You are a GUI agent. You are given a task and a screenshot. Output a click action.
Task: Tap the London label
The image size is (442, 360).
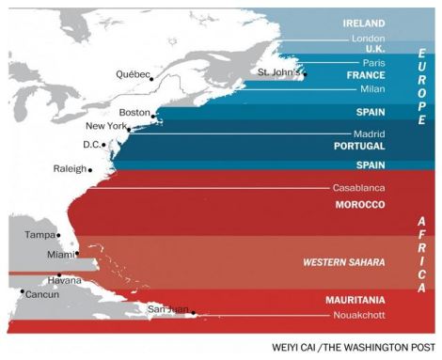click(368, 39)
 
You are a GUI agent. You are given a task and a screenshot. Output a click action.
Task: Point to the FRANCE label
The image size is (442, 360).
click(366, 74)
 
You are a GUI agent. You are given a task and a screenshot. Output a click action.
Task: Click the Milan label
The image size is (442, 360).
click(371, 89)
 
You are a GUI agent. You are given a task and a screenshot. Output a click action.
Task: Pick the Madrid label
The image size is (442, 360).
click(369, 133)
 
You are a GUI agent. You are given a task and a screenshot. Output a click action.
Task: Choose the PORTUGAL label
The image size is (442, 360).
click(359, 148)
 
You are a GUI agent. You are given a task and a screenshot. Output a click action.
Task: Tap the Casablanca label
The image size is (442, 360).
click(358, 187)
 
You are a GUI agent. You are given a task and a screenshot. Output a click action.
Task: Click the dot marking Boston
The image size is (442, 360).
click(153, 116)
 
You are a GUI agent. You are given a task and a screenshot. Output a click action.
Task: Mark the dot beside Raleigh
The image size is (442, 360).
click(89, 170)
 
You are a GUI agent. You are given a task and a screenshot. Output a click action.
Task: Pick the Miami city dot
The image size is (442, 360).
click(78, 254)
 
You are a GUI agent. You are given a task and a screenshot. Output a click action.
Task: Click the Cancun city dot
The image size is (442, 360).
click(21, 291)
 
